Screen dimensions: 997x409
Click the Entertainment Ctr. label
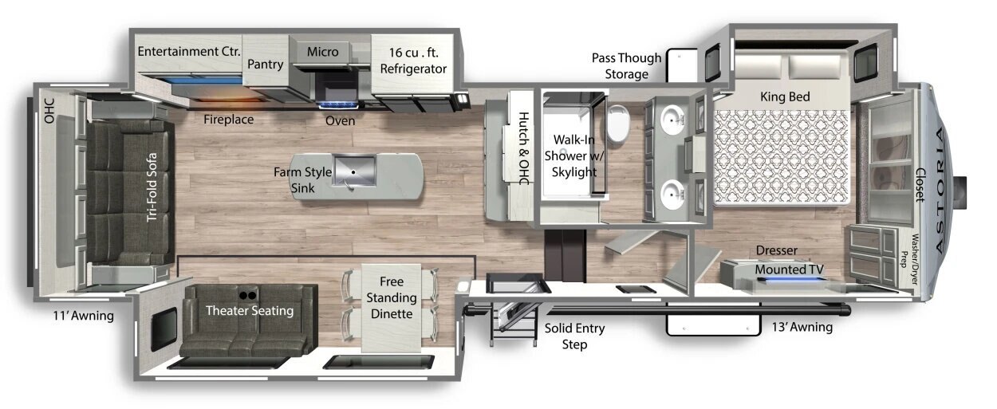click(x=189, y=52)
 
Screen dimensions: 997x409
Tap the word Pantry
click(x=266, y=65)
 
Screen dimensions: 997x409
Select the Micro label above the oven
click(x=323, y=52)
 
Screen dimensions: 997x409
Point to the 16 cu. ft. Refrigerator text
click(x=413, y=61)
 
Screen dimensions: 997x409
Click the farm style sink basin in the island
click(x=354, y=171)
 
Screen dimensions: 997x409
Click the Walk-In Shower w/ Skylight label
click(x=573, y=155)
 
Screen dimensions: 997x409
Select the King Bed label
click(x=785, y=96)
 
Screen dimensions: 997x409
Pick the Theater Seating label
click(x=250, y=311)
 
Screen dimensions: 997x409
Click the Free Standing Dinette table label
click(x=392, y=297)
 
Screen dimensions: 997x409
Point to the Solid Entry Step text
click(x=574, y=336)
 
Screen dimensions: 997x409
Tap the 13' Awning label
click(x=802, y=327)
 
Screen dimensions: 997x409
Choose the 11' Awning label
click(x=83, y=316)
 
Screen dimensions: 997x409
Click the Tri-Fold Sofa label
click(x=152, y=187)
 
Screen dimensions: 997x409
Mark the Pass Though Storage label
click(x=626, y=66)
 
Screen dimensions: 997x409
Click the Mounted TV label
click(x=789, y=269)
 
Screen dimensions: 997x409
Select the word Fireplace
click(x=228, y=120)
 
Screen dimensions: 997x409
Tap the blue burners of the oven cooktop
click(x=337, y=105)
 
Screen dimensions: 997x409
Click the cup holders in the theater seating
click(x=247, y=295)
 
